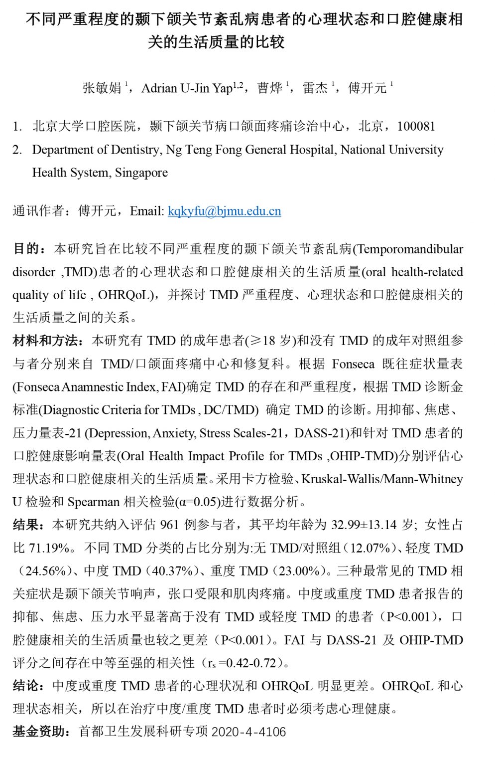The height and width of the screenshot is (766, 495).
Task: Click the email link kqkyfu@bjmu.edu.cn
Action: coord(224,211)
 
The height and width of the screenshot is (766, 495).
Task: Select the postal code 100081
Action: coord(416,126)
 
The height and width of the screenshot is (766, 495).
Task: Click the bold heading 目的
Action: coord(26,248)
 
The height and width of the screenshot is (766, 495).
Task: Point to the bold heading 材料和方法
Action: coord(45,341)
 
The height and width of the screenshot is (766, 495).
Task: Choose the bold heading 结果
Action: coord(26,525)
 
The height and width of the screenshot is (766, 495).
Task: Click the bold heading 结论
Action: coord(26,686)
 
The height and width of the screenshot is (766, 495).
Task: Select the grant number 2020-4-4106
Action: coord(248,732)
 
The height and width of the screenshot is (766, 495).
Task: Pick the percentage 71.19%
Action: coord(49,548)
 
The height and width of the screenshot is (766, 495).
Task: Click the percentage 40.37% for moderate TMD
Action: coord(169,571)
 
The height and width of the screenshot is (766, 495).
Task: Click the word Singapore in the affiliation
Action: coord(141,173)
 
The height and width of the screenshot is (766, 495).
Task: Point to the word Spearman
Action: coord(93,502)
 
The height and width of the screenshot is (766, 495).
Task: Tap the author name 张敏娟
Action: coord(102,88)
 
